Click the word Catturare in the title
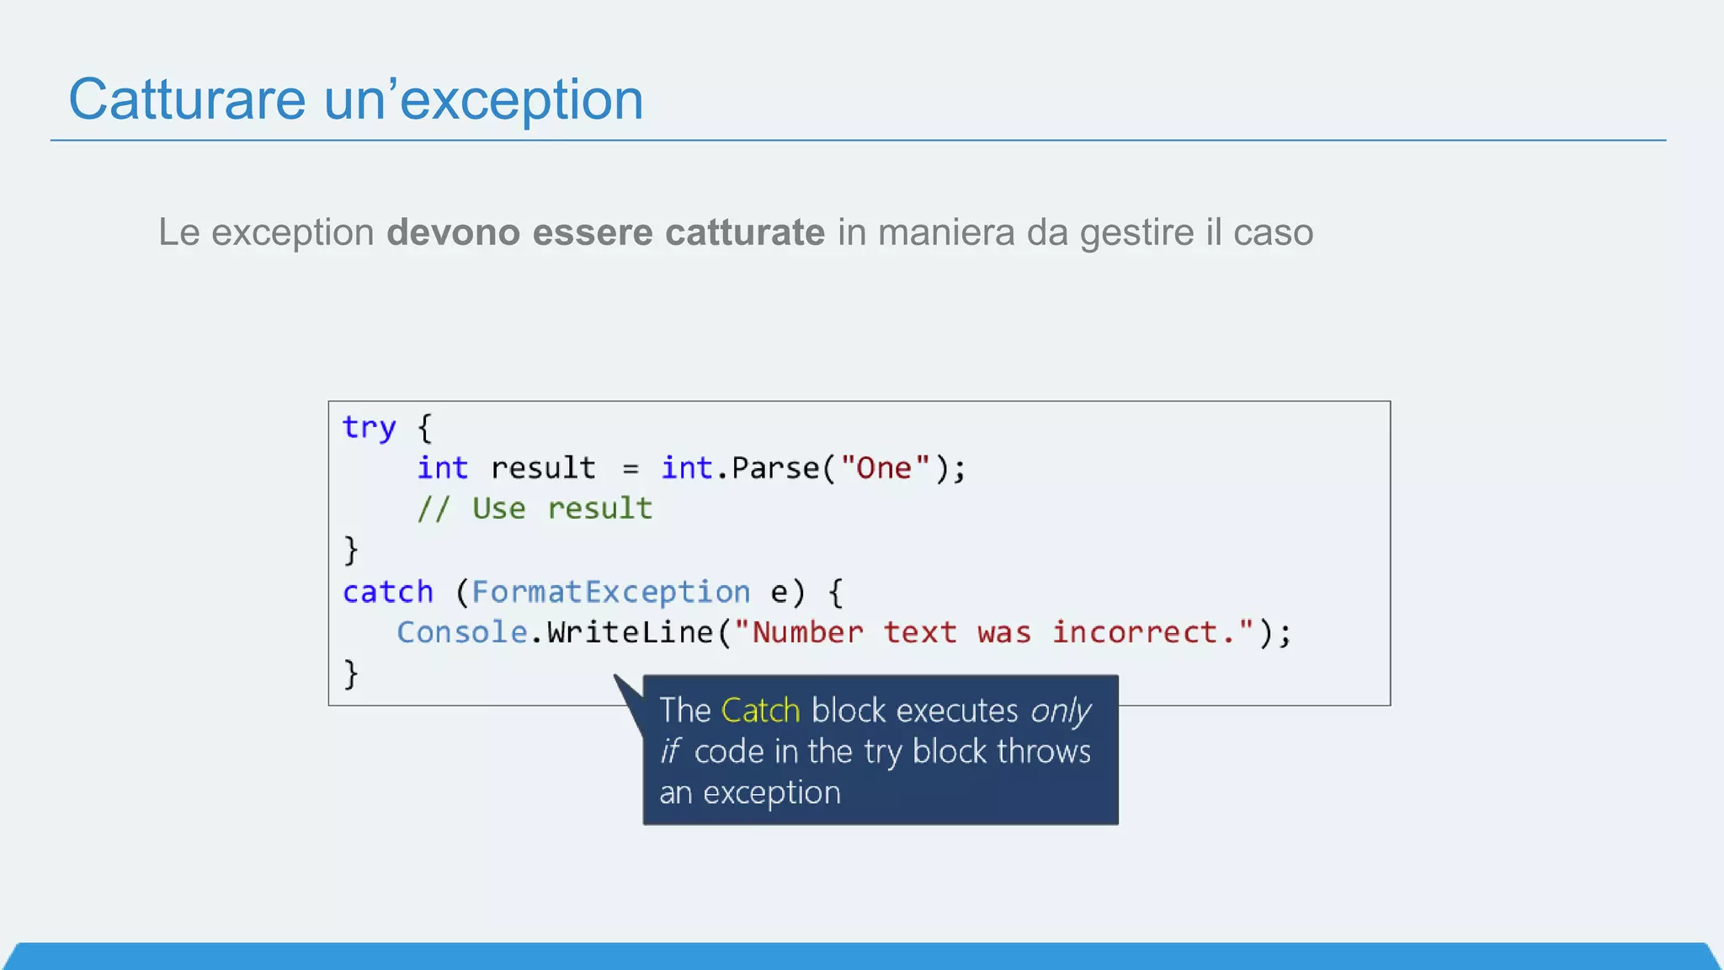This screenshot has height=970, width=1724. [x=187, y=99]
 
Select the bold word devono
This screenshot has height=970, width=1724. [x=453, y=232]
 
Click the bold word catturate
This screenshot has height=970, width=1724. [x=744, y=232]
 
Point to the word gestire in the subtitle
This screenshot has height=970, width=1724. [x=1136, y=233]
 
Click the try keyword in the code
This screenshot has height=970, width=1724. [x=369, y=428]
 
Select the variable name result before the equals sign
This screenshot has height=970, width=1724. [x=543, y=468]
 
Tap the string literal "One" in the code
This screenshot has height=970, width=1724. [x=885, y=468]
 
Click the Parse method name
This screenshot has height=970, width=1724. [x=774, y=468]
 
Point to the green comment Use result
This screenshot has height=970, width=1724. [x=561, y=509]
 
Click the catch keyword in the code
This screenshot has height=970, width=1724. [x=387, y=592]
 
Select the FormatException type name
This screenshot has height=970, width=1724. [x=610, y=592]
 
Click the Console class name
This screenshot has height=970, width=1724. [x=461, y=632]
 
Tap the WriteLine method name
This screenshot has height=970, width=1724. [x=630, y=632]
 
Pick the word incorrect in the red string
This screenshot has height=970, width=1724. [x=1134, y=632]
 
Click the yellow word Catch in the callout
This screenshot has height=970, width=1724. [x=760, y=711]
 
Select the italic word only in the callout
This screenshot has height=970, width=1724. [x=1061, y=712]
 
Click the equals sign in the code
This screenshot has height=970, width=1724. [x=631, y=469]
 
